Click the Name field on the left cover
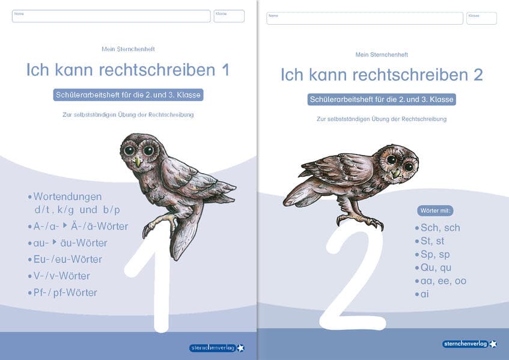pyautogui.click(x=111, y=16)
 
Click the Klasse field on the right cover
pyautogui.click(x=481, y=18)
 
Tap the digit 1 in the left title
pyautogui.click(x=225, y=70)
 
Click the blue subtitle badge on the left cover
pyautogui.click(x=128, y=95)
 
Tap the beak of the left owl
pyautogui.click(x=138, y=162)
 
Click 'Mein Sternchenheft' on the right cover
pyautogui.click(x=381, y=55)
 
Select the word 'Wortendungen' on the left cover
pyautogui.click(x=67, y=197)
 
